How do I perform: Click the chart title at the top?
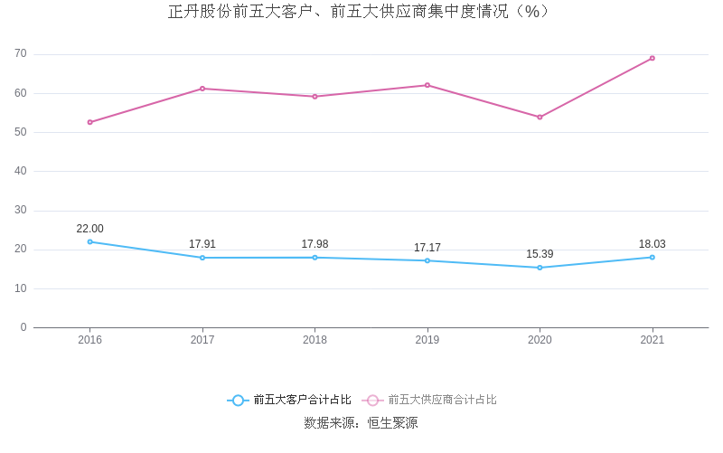[359, 12]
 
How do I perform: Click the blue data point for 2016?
[90, 241]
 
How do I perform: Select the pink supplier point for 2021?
[652, 58]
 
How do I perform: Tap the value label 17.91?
[202, 244]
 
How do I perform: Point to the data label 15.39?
[540, 254]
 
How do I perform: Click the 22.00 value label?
[90, 229]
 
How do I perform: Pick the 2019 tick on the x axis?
[427, 340]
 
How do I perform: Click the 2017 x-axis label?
[202, 340]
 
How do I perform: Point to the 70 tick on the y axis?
[21, 54]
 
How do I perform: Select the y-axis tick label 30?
[21, 210]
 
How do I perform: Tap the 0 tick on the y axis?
[23, 327]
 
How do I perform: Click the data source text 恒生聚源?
[392, 422]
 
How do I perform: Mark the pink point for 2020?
[540, 117]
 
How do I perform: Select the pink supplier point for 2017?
[202, 89]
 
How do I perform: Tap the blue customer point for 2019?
[427, 260]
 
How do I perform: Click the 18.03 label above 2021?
[652, 244]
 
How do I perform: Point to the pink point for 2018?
[315, 96]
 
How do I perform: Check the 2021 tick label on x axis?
[652, 340]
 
